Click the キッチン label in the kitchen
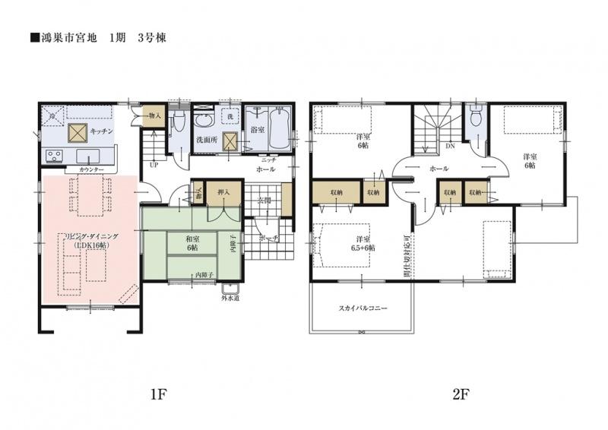click(102, 131)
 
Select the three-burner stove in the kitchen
click(54, 156)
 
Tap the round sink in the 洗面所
click(204, 121)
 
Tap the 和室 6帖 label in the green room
click(193, 242)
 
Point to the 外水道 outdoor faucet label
click(230, 298)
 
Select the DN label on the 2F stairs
click(450, 144)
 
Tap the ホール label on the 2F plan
click(439, 168)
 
